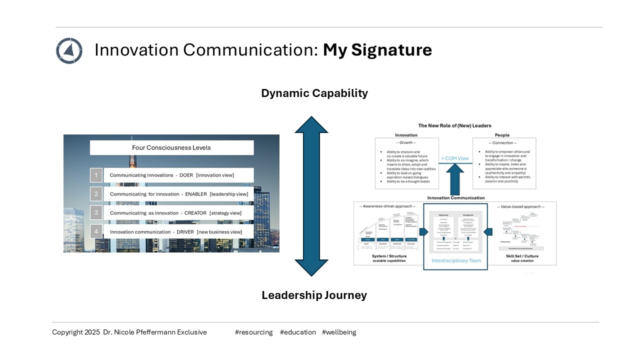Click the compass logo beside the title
69,50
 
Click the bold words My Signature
377,50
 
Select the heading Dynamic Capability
314,93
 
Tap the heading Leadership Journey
314,295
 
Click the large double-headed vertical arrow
311,196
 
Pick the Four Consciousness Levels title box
171,147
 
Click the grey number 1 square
96,175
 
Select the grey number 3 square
96,213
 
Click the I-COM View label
455,158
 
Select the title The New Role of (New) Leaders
455,125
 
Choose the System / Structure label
389,256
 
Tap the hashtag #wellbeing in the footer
339,332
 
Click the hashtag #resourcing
253,332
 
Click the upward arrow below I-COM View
455,179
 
